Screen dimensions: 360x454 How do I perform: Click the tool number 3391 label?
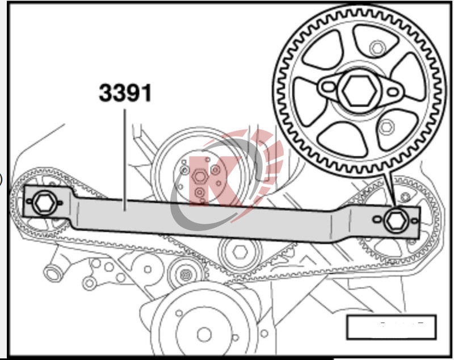click(x=125, y=93)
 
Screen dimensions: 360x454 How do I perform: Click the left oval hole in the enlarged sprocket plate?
click(x=327, y=87)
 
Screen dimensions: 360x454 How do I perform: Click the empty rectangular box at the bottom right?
click(x=391, y=326)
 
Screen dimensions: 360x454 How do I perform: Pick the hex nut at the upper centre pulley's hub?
click(x=198, y=176)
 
